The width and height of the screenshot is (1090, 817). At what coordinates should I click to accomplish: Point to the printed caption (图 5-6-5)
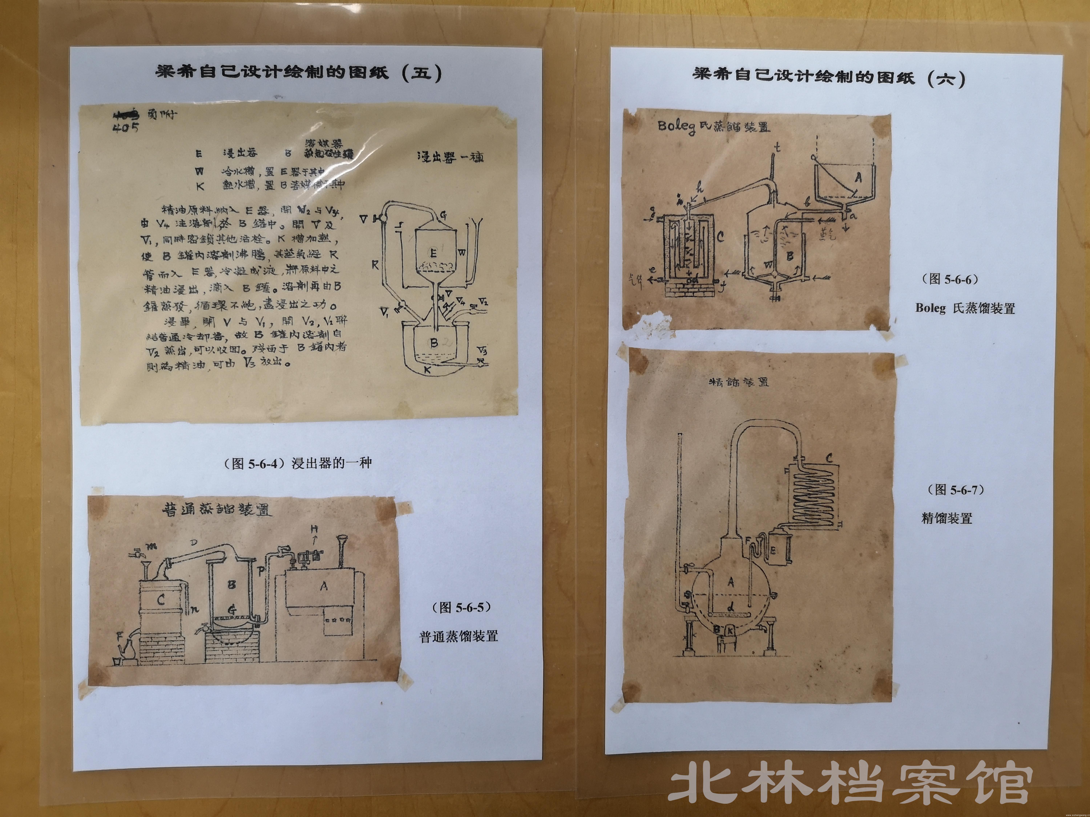pos(462,607)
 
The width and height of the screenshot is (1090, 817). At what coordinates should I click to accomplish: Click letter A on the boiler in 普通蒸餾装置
pos(324,586)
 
